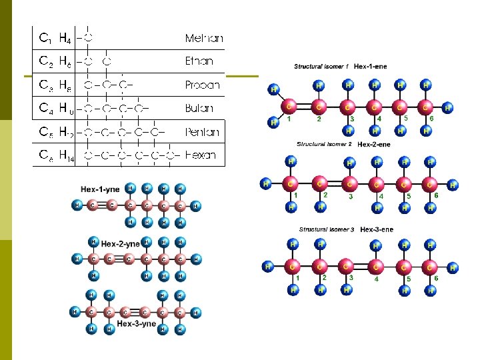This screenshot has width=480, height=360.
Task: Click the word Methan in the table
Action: coord(204,38)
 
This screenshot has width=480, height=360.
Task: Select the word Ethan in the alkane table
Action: coord(199,61)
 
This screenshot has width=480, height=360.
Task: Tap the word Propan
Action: coord(202,85)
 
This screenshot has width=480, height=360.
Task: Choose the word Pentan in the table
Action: coord(203,132)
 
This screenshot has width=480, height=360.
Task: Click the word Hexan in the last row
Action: coord(201,156)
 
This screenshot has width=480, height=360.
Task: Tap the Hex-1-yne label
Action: coord(101,189)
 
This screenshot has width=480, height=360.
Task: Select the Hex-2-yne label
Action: coord(124,243)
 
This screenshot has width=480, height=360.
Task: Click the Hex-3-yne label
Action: coord(136,324)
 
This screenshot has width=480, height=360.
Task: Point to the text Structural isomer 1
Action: coord(323,67)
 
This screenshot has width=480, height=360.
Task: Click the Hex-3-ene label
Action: coord(377,230)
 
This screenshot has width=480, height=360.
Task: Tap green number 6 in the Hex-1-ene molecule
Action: coord(431,118)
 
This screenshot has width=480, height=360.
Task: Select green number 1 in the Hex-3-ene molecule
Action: coord(298,278)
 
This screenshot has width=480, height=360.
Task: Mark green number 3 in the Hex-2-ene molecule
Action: coord(350,197)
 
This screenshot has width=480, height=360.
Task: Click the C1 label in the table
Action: coord(46,38)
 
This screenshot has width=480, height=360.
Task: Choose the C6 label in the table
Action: coord(46,156)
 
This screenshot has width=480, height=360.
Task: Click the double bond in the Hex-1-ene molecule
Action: coord(304,106)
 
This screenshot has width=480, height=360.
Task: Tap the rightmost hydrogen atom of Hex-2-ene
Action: coord(453,185)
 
